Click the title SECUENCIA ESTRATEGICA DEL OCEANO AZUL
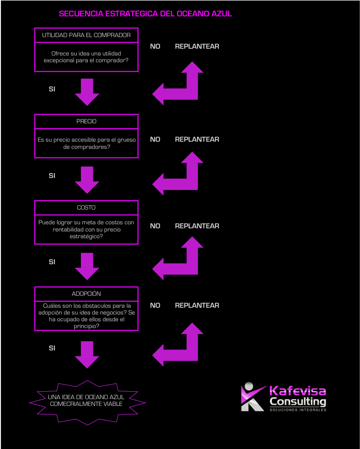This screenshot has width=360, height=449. (x=145, y=14)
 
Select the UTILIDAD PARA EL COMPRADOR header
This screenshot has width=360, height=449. (x=86, y=35)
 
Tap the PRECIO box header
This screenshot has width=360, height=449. (x=86, y=121)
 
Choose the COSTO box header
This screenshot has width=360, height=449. (x=86, y=208)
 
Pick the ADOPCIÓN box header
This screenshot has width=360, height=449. (x=86, y=294)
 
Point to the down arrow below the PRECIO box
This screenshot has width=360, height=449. (x=87, y=180)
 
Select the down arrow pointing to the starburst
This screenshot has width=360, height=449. (x=87, y=354)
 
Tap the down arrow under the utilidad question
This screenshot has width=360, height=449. (x=87, y=92)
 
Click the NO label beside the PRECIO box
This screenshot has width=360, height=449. (x=155, y=139)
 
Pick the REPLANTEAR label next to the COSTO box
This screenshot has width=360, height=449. (x=197, y=226)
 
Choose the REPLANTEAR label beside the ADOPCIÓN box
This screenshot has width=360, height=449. (x=197, y=305)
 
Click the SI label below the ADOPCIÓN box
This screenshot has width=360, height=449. (x=52, y=348)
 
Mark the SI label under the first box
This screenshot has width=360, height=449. (x=52, y=89)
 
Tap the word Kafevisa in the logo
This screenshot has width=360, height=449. (x=297, y=391)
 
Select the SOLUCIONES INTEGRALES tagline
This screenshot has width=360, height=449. (x=298, y=410)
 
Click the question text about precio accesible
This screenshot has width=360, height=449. (x=86, y=143)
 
